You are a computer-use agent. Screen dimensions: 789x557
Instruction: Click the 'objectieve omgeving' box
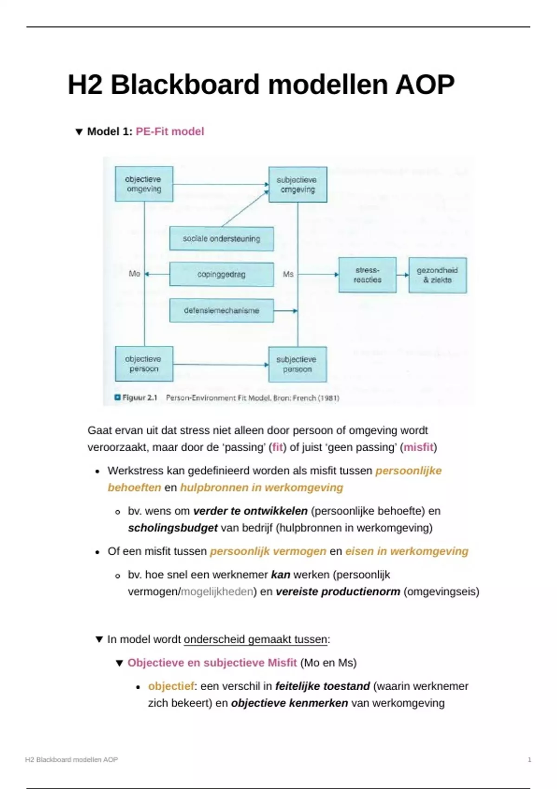(x=144, y=184)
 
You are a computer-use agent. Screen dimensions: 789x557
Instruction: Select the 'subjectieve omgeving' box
(x=298, y=185)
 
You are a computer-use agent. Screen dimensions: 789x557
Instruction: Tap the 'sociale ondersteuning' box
(x=221, y=239)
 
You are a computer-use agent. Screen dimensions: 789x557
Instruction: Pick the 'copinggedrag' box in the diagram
(x=221, y=274)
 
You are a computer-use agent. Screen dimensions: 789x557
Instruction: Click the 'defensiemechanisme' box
(x=221, y=310)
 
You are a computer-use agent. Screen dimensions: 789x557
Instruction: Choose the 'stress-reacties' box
(x=367, y=275)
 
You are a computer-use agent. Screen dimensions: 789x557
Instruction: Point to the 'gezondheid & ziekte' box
(x=437, y=275)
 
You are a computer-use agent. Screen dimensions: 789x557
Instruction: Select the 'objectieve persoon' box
(x=144, y=364)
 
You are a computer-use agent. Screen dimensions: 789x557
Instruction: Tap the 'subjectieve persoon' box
(x=297, y=364)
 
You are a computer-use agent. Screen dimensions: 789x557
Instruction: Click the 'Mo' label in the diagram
(x=134, y=274)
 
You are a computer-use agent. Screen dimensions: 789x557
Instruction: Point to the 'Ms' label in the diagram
(x=288, y=274)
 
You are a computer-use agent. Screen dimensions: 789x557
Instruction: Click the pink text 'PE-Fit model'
(x=170, y=132)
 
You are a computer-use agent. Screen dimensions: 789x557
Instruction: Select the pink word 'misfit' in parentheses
(x=418, y=447)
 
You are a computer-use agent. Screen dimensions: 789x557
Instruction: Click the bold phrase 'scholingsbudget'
(x=173, y=528)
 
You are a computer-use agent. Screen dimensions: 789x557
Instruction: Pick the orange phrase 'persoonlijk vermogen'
(x=268, y=551)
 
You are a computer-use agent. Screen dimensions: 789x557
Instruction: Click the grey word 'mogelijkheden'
(x=217, y=592)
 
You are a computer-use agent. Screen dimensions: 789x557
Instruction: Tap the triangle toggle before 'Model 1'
(x=79, y=132)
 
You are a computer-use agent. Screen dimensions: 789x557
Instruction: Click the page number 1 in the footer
(x=529, y=760)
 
